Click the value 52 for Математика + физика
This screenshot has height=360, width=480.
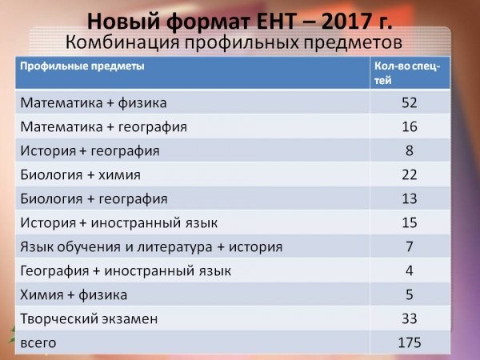click(410, 102)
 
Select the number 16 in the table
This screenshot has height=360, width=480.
click(410, 126)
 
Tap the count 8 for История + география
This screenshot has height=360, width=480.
click(410, 150)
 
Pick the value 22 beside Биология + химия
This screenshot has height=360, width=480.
click(410, 174)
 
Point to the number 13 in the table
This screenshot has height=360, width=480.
click(410, 198)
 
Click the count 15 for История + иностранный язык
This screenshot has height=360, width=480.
click(410, 222)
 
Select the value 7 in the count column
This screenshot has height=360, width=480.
click(410, 246)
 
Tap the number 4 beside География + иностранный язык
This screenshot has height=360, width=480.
click(410, 270)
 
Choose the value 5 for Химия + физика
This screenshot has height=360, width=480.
click(410, 294)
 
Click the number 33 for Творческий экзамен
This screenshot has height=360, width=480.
click(410, 318)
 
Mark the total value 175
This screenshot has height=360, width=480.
click(410, 342)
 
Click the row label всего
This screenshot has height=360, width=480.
click(38, 343)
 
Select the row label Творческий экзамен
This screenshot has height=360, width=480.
click(89, 318)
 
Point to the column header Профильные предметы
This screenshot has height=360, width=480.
click(82, 66)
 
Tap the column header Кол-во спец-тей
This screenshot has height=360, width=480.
click(407, 73)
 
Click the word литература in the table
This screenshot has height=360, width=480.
click(174, 247)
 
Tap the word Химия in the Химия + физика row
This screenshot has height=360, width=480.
click(42, 294)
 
